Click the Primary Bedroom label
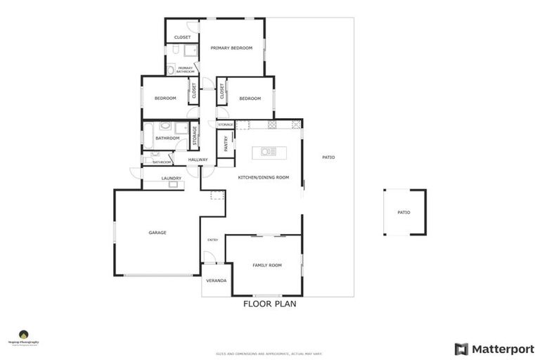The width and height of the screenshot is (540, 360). (x=231, y=48)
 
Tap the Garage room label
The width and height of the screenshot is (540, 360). (x=157, y=233)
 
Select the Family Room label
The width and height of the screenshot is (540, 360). (x=267, y=265)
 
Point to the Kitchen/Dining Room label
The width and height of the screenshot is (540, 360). (x=264, y=178)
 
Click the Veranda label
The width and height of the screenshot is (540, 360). (x=216, y=281)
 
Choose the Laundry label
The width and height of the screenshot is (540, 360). (x=172, y=178)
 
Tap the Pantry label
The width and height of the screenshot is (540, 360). (x=226, y=143)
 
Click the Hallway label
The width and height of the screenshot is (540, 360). (x=198, y=160)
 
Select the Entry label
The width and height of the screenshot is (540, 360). (x=212, y=240)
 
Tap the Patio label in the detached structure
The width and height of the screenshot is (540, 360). (x=403, y=212)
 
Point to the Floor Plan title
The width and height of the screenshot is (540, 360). (x=269, y=304)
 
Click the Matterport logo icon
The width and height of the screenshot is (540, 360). (x=461, y=349)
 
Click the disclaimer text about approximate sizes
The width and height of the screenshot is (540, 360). (x=269, y=353)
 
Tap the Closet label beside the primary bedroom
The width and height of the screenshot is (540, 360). (x=182, y=37)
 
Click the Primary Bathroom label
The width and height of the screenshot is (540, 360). (x=185, y=69)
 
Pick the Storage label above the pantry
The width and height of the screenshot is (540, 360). (x=225, y=124)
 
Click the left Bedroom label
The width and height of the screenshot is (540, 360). (x=165, y=98)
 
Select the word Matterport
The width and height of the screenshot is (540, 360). (x=503, y=349)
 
